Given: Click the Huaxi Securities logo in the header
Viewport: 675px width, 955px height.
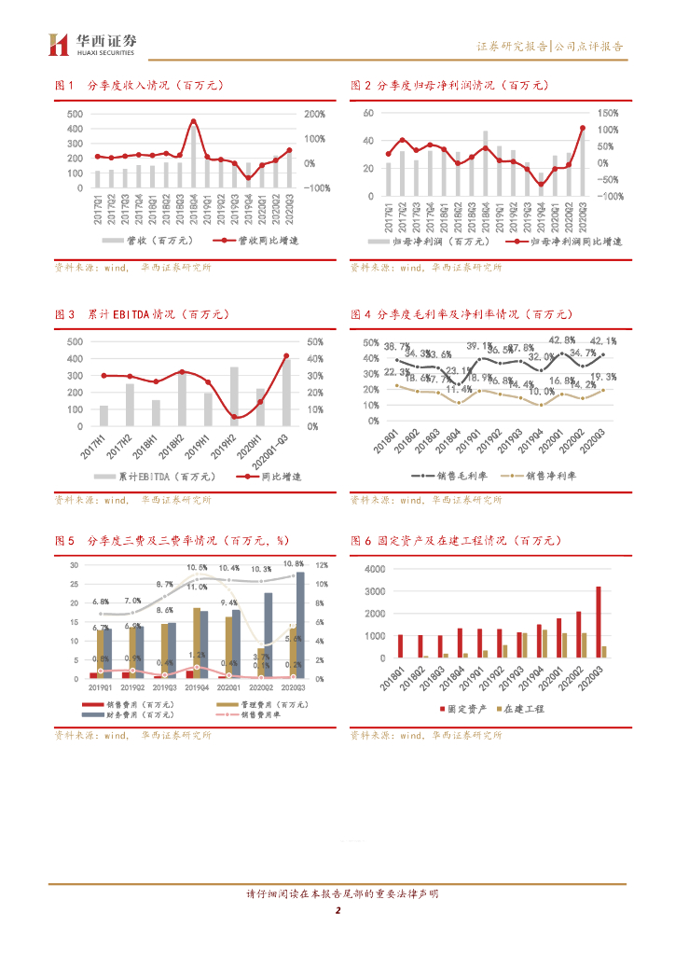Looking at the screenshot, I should coord(92,44).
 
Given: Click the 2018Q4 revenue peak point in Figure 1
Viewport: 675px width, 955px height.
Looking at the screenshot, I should coord(193,121).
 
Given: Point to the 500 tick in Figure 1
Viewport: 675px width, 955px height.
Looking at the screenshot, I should coord(75,114).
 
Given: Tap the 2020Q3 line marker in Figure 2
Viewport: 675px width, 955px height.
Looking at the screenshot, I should coord(583,128).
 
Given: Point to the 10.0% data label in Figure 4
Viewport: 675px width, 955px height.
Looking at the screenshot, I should coord(542,391).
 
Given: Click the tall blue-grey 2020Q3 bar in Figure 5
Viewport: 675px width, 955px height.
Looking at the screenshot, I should coord(300,625).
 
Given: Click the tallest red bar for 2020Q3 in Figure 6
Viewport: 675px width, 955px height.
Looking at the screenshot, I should coord(598,622).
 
